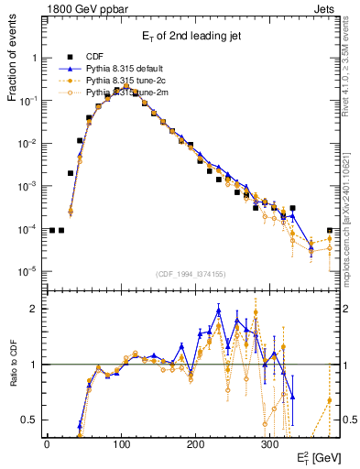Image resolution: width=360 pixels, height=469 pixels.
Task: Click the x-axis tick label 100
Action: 121,443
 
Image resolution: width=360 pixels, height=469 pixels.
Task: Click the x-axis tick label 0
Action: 47,443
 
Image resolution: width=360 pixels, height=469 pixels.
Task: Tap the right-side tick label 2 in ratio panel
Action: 345,309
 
